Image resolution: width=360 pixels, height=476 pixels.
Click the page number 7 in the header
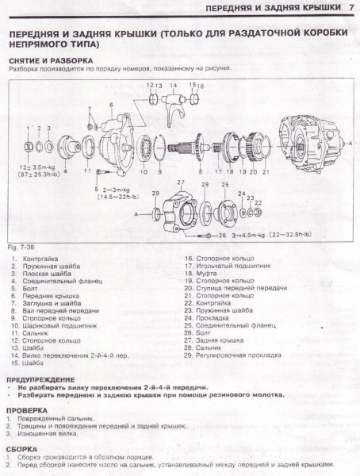(x=350, y=8)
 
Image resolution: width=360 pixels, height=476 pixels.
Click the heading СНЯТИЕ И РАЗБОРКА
(x=50, y=59)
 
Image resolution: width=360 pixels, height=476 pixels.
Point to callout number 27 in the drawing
(x=181, y=183)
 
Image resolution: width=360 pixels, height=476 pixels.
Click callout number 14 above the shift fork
(x=160, y=85)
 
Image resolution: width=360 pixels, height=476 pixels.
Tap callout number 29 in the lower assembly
(x=155, y=194)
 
